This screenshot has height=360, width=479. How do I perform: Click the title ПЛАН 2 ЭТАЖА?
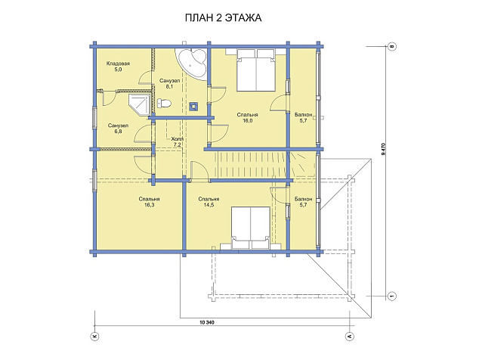point(223,17)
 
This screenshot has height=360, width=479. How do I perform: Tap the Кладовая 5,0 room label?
point(118,67)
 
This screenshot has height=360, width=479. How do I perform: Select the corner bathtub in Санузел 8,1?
point(192,63)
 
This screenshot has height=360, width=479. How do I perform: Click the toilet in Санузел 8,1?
point(164,103)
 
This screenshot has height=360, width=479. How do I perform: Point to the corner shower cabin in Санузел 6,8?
point(140,104)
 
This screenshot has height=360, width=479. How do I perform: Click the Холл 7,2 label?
point(176,141)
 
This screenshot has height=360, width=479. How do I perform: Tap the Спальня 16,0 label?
point(248,117)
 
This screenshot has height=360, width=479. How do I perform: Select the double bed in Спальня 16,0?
point(256,70)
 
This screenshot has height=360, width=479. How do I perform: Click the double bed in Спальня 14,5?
point(251,228)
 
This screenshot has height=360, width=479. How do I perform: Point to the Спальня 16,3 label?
point(149,202)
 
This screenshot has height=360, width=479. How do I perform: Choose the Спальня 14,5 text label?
point(209,202)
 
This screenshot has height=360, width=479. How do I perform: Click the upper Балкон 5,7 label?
point(304,117)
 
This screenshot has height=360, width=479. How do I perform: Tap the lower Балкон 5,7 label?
point(304,202)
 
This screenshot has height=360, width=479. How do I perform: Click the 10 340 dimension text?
point(207,322)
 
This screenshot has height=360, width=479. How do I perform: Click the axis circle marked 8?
point(392,46)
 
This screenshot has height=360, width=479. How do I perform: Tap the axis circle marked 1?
point(392,296)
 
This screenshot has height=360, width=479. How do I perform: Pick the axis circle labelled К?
point(94,336)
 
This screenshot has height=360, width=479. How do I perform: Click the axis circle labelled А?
point(350,336)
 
